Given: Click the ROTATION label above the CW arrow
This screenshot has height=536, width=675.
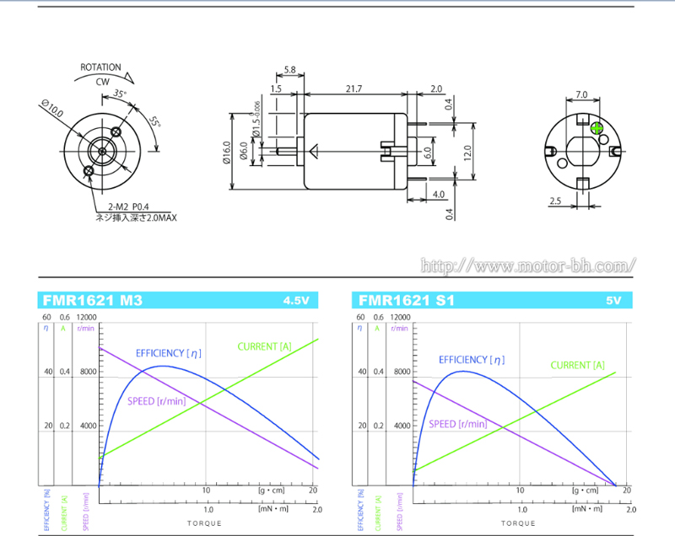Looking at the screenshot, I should pos(101,67).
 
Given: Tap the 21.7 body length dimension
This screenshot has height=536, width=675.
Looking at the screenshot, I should pos(354,88).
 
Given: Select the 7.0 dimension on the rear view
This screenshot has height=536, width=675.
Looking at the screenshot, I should pos(580,94).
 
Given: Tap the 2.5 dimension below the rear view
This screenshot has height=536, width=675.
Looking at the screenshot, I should pos(554,201).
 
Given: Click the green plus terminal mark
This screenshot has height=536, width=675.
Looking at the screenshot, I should pos(597,129).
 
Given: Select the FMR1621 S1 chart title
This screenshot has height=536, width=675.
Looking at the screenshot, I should pos(407,301).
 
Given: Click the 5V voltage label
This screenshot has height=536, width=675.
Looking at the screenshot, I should pos(613,301).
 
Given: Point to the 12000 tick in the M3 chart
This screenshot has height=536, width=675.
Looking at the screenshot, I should pos(87,318).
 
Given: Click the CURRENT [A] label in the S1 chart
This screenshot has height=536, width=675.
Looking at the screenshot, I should pos(577,366).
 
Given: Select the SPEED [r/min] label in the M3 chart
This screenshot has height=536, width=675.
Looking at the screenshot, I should pos(156,401).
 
